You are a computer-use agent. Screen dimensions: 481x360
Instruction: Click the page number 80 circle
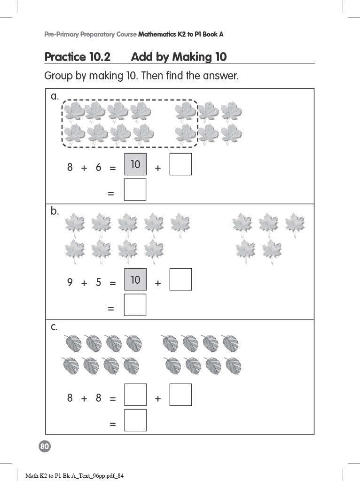click(x=45, y=447)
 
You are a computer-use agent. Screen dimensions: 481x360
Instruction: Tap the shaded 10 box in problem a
click(x=135, y=164)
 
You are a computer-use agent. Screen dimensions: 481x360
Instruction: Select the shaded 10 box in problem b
click(x=135, y=279)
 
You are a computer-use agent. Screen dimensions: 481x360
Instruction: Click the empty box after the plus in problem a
click(x=180, y=164)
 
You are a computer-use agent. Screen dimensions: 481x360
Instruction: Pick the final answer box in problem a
click(x=135, y=189)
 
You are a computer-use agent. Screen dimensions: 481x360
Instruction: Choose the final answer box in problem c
click(x=135, y=420)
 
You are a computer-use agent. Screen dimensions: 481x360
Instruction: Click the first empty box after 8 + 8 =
click(x=135, y=395)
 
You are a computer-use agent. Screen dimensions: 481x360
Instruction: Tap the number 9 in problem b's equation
click(x=70, y=283)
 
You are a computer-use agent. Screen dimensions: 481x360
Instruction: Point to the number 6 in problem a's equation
click(x=98, y=167)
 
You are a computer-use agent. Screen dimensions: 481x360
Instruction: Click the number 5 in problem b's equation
click(x=98, y=283)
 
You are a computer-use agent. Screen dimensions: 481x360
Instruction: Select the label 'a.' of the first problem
click(x=55, y=96)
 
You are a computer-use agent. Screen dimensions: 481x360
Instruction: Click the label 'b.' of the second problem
click(x=55, y=211)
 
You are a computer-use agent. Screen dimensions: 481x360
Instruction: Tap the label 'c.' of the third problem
click(x=55, y=327)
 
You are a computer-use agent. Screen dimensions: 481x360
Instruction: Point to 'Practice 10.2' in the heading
click(x=77, y=57)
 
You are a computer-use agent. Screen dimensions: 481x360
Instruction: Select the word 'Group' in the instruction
click(x=58, y=76)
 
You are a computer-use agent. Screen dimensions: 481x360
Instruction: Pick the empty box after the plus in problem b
click(x=180, y=279)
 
